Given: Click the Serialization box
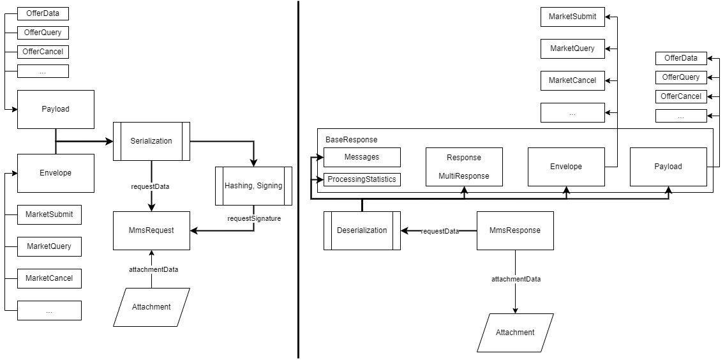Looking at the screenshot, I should click(151, 141).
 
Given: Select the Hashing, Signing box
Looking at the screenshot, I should click(253, 186).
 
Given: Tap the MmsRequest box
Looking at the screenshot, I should click(151, 230).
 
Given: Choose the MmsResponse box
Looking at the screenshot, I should click(515, 230).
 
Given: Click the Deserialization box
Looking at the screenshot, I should click(362, 230).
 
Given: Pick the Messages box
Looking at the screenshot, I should click(362, 157).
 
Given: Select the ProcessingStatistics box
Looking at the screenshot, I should click(362, 179).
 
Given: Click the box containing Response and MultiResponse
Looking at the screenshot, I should click(464, 167).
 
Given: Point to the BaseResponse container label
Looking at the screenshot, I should click(351, 139).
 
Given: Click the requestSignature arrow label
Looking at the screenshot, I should click(254, 218).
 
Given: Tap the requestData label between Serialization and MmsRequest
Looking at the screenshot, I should click(151, 186).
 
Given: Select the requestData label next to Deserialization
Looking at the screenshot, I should click(440, 231).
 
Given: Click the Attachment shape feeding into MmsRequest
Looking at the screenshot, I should click(151, 307).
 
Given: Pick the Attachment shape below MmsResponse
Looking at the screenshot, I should click(515, 333).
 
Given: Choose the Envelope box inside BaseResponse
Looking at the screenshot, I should click(566, 167).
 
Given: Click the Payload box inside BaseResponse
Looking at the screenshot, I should click(668, 167).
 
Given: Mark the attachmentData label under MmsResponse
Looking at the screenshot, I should click(516, 280).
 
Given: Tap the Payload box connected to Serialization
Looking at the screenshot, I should click(56, 109).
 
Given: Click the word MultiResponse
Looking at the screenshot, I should click(464, 176).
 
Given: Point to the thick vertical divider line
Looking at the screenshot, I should click(298, 179).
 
